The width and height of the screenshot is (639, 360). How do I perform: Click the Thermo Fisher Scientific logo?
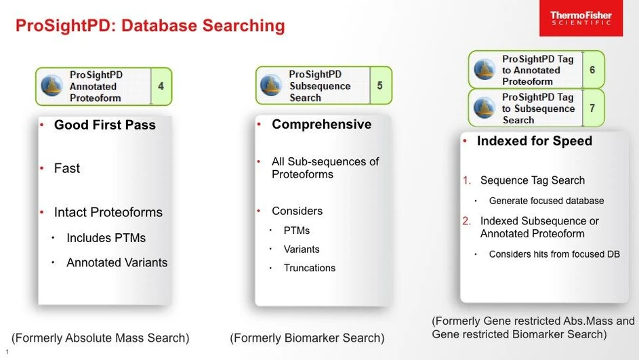(x=580, y=18)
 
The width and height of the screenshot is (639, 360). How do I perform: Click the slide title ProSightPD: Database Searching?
(x=150, y=26)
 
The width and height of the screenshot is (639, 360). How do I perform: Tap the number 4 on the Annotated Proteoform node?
(x=161, y=86)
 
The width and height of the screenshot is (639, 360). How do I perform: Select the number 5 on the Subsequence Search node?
(x=379, y=85)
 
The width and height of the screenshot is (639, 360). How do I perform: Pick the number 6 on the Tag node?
(x=592, y=70)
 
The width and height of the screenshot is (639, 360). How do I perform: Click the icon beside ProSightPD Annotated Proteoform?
(x=52, y=86)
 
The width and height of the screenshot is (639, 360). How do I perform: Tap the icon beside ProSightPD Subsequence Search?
(x=271, y=85)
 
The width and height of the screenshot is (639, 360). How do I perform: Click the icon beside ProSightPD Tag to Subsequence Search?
(x=485, y=108)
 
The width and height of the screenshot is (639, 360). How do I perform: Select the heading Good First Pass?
(x=105, y=125)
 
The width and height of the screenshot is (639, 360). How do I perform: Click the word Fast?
(x=67, y=168)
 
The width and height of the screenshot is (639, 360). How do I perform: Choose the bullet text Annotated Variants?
(x=117, y=262)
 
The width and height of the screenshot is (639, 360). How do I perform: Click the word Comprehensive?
(x=321, y=124)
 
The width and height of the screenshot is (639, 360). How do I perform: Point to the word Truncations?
(x=310, y=268)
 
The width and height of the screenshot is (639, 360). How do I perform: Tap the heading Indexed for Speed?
(x=534, y=141)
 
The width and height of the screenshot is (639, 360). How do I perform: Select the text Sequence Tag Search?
(x=532, y=180)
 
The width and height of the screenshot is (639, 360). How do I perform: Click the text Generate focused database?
(x=546, y=201)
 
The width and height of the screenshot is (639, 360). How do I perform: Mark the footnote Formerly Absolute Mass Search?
(x=100, y=338)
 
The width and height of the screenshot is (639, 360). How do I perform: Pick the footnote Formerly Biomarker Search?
(x=307, y=338)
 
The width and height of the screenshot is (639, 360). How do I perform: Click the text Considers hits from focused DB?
(x=554, y=254)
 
